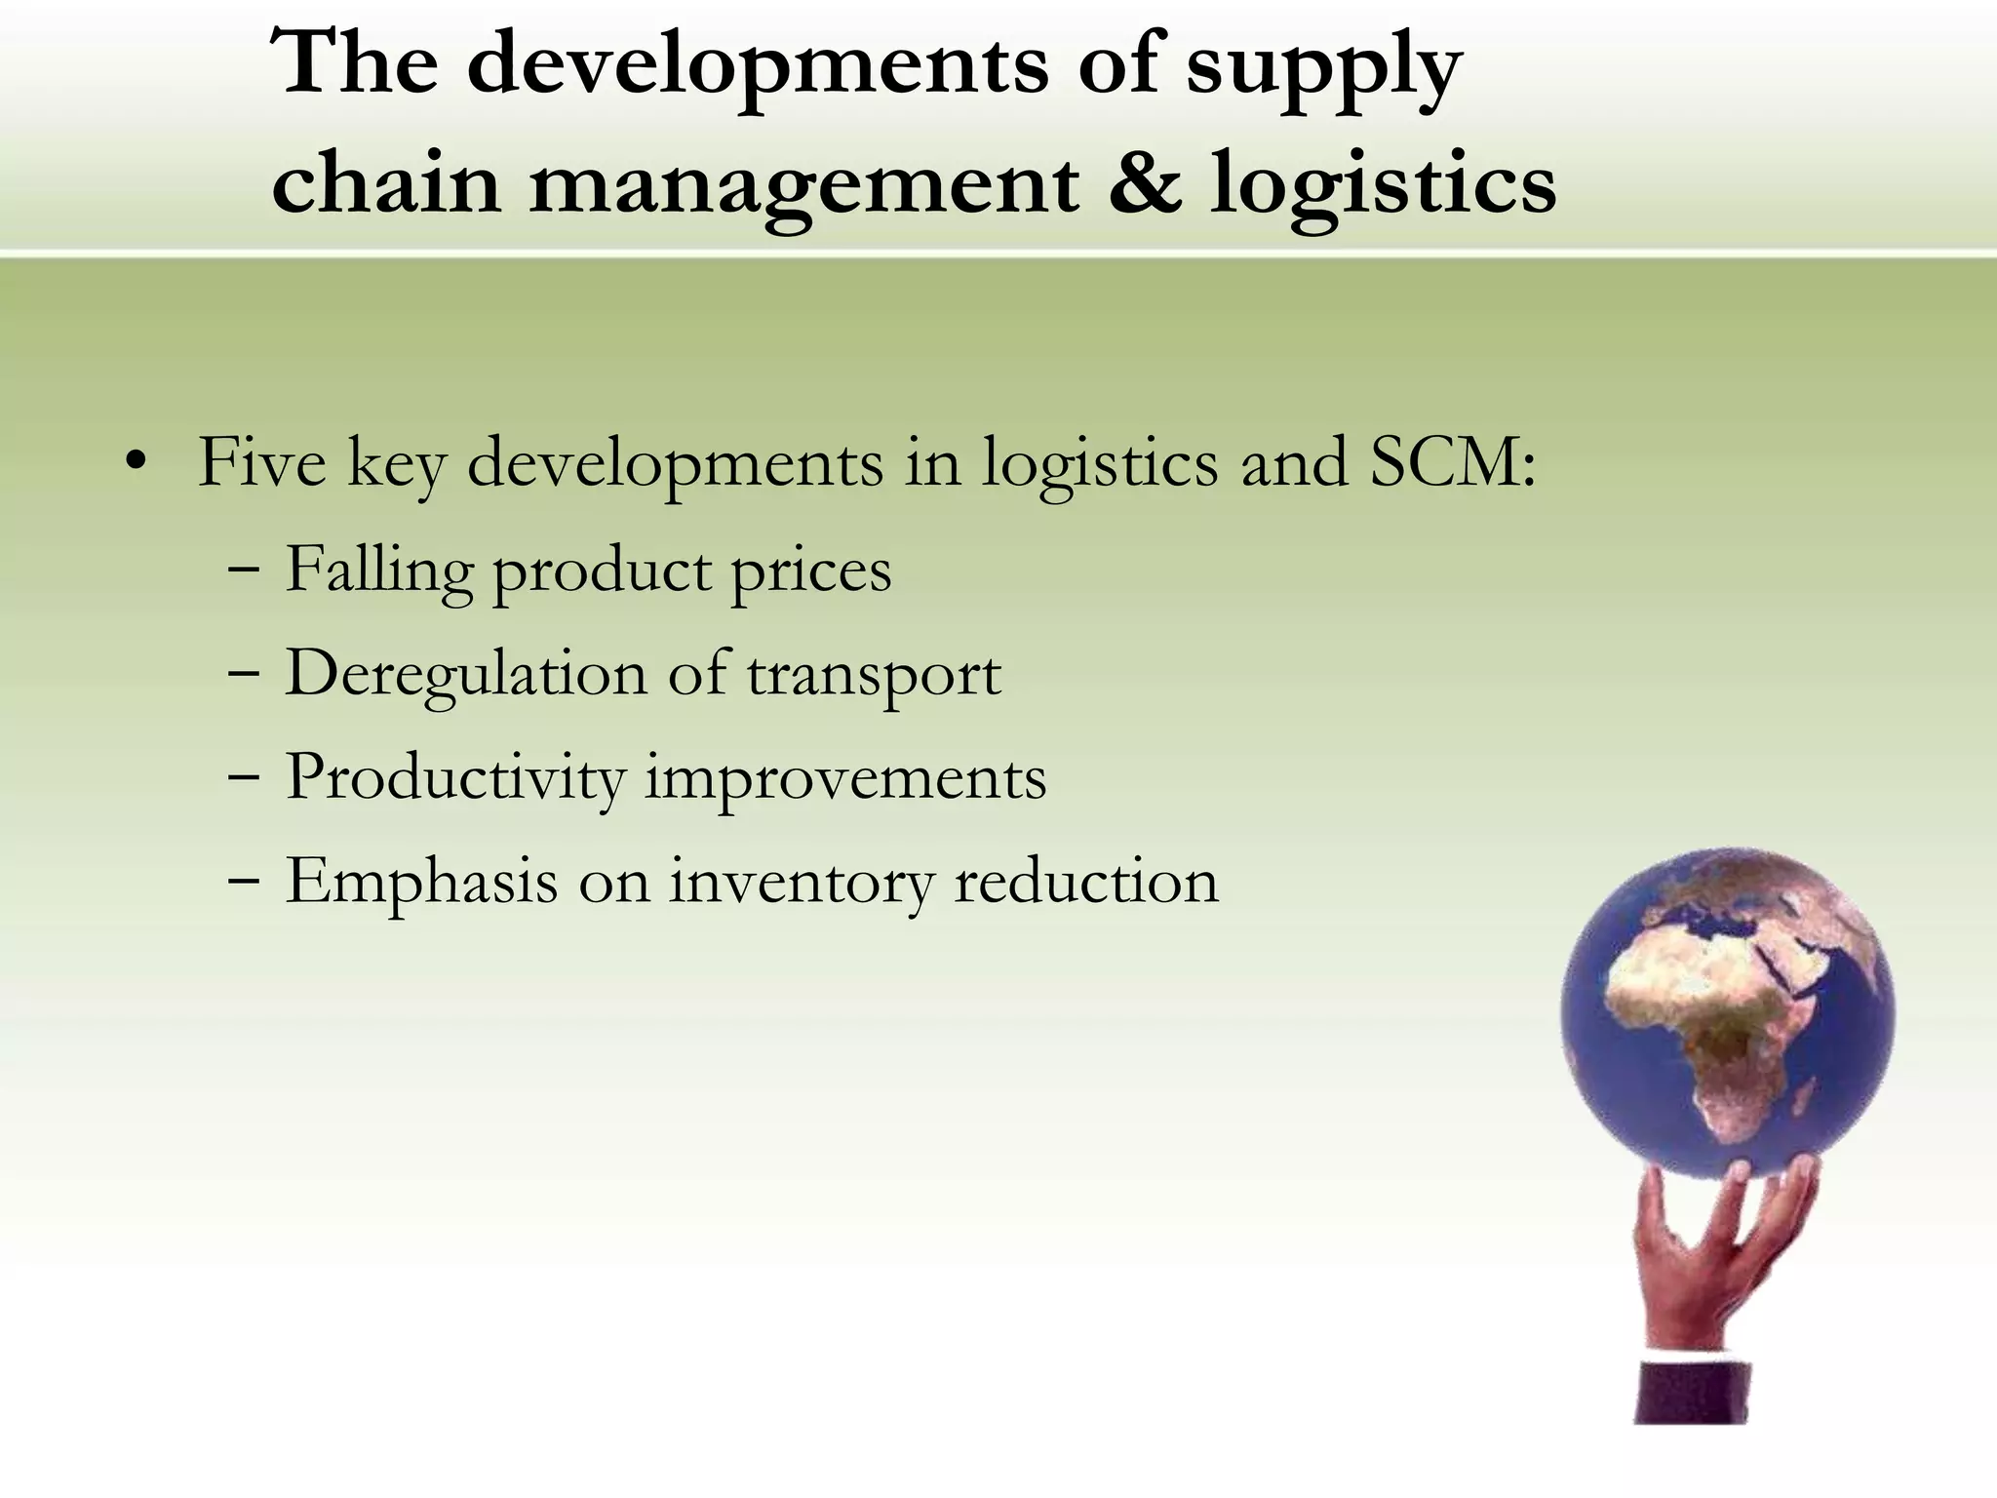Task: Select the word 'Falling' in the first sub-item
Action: (x=378, y=570)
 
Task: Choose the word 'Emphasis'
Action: (x=421, y=882)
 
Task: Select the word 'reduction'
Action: (x=1085, y=882)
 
